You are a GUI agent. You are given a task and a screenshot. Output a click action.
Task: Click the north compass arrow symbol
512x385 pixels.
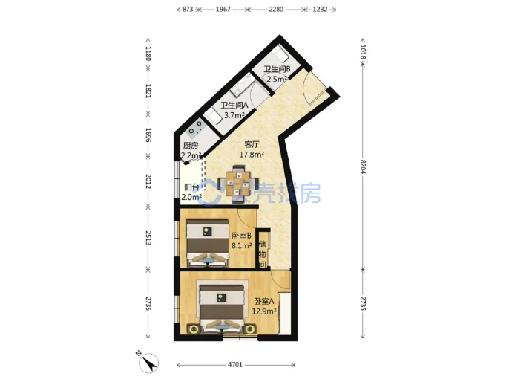click(149, 363)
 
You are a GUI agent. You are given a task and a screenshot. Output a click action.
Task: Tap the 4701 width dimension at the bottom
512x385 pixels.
click(235, 364)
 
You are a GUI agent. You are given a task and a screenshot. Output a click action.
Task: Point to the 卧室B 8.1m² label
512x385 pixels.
click(242, 240)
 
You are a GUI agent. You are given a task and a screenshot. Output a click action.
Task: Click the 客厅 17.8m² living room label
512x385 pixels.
click(252, 149)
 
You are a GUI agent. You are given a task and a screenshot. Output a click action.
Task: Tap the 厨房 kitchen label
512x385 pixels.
click(191, 146)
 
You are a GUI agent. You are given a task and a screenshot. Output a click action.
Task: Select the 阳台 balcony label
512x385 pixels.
click(192, 187)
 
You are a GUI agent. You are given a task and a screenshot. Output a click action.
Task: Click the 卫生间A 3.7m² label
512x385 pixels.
click(234, 110)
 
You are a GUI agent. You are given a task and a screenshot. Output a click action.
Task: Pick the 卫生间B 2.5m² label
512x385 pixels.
click(277, 74)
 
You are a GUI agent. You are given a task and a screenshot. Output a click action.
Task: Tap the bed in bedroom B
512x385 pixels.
click(207, 243)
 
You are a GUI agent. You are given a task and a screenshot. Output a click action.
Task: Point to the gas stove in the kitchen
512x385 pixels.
click(196, 128)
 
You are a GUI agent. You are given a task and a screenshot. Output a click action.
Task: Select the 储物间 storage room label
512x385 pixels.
click(262, 254)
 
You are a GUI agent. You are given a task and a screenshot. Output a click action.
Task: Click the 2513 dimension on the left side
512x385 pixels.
click(148, 238)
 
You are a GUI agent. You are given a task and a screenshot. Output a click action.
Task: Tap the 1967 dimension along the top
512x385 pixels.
click(223, 10)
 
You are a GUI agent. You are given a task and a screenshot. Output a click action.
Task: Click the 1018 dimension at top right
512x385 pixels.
click(363, 51)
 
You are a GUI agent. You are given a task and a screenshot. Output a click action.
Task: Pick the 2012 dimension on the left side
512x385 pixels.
click(148, 181)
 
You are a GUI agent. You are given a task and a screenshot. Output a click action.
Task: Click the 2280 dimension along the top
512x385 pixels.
click(276, 10)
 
